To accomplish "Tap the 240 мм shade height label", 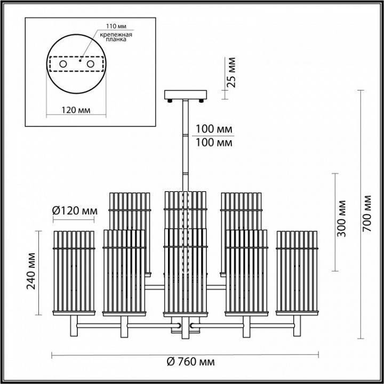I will click(31, 274).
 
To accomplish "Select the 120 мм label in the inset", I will click(75, 110).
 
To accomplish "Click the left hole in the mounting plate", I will click(63, 64).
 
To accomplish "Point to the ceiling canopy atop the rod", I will click(185, 95).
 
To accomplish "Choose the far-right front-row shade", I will click(297, 272).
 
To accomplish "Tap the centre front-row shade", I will click(185, 272).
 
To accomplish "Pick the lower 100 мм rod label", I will click(213, 143).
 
